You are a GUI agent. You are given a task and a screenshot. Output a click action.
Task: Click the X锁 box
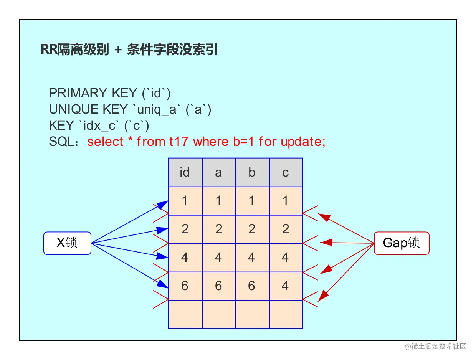[67, 243]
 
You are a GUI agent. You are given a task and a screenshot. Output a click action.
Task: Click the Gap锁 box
[401, 243]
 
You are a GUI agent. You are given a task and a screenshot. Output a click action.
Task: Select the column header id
[185, 172]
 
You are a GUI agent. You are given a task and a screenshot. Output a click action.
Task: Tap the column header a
[218, 172]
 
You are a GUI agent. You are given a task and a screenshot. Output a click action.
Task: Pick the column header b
[252, 172]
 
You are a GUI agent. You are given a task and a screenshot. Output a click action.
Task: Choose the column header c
[286, 172]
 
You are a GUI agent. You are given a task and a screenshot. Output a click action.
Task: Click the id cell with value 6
[185, 286]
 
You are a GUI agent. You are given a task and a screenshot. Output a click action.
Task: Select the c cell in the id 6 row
[286, 286]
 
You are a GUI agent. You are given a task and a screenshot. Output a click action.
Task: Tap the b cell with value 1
[252, 201]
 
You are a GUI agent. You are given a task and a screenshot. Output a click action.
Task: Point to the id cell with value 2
[185, 229]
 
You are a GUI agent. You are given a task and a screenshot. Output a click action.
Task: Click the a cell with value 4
[218, 258]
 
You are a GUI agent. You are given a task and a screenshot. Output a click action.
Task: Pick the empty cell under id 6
[185, 314]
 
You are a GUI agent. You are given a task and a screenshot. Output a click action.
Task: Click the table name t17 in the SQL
[179, 142]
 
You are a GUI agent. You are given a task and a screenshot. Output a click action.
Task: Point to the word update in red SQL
[303, 142]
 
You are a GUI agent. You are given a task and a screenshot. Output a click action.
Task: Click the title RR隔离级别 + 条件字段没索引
[129, 50]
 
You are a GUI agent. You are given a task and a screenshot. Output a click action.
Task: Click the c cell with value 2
[286, 229]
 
